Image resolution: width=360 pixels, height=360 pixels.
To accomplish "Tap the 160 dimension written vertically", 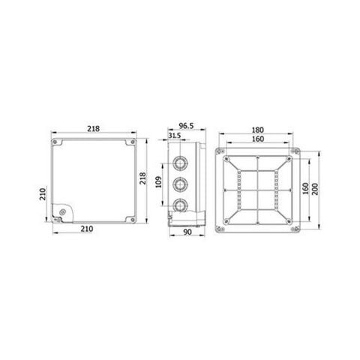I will [306, 187].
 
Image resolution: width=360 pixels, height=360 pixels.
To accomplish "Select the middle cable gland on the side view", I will [179, 183].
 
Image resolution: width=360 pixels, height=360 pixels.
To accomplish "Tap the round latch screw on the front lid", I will [61, 212].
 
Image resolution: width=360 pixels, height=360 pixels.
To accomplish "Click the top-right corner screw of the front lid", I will [132, 142].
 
